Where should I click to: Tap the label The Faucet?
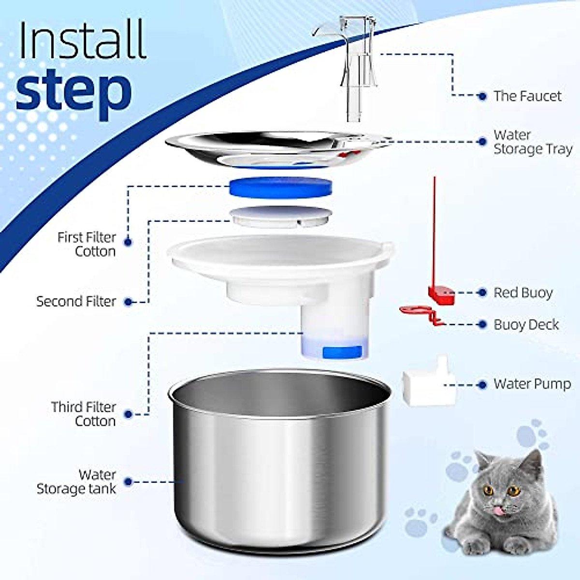coord(527,96)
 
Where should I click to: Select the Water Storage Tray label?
coord(532,142)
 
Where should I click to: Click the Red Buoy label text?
coord(523,293)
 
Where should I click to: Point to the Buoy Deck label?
coord(526,325)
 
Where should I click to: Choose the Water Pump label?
coord(532,384)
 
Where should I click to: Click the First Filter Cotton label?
coord(87,245)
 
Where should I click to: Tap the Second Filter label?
coord(76,302)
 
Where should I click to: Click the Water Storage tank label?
coord(77,482)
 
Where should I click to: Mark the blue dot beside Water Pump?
coord(481,385)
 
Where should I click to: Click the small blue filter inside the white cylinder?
coord(342,352)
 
